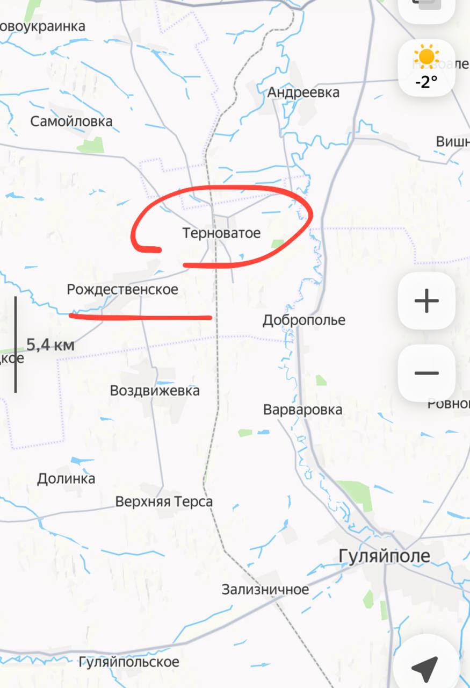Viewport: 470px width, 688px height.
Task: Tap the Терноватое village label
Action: (221, 233)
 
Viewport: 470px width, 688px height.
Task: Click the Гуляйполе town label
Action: (385, 556)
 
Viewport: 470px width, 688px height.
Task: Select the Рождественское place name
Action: (122, 290)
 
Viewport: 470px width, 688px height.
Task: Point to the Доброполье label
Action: (304, 320)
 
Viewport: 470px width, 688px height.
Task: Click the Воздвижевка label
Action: (155, 390)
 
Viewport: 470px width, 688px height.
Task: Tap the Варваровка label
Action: (302, 410)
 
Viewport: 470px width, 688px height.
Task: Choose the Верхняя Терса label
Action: (164, 501)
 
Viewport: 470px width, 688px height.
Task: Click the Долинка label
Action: (66, 478)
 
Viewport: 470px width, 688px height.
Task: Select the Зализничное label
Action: (265, 590)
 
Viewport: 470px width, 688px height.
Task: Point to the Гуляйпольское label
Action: (129, 662)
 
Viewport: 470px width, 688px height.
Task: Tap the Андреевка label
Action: (303, 92)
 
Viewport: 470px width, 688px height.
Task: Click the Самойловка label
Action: (71, 121)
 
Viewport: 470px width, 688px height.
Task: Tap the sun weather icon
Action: (426, 58)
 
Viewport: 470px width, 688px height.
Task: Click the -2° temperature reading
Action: (426, 82)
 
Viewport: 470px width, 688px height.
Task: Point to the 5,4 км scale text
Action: (50, 345)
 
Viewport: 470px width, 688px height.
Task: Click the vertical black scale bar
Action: (15, 344)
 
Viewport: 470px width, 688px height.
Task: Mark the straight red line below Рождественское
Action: (140, 317)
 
